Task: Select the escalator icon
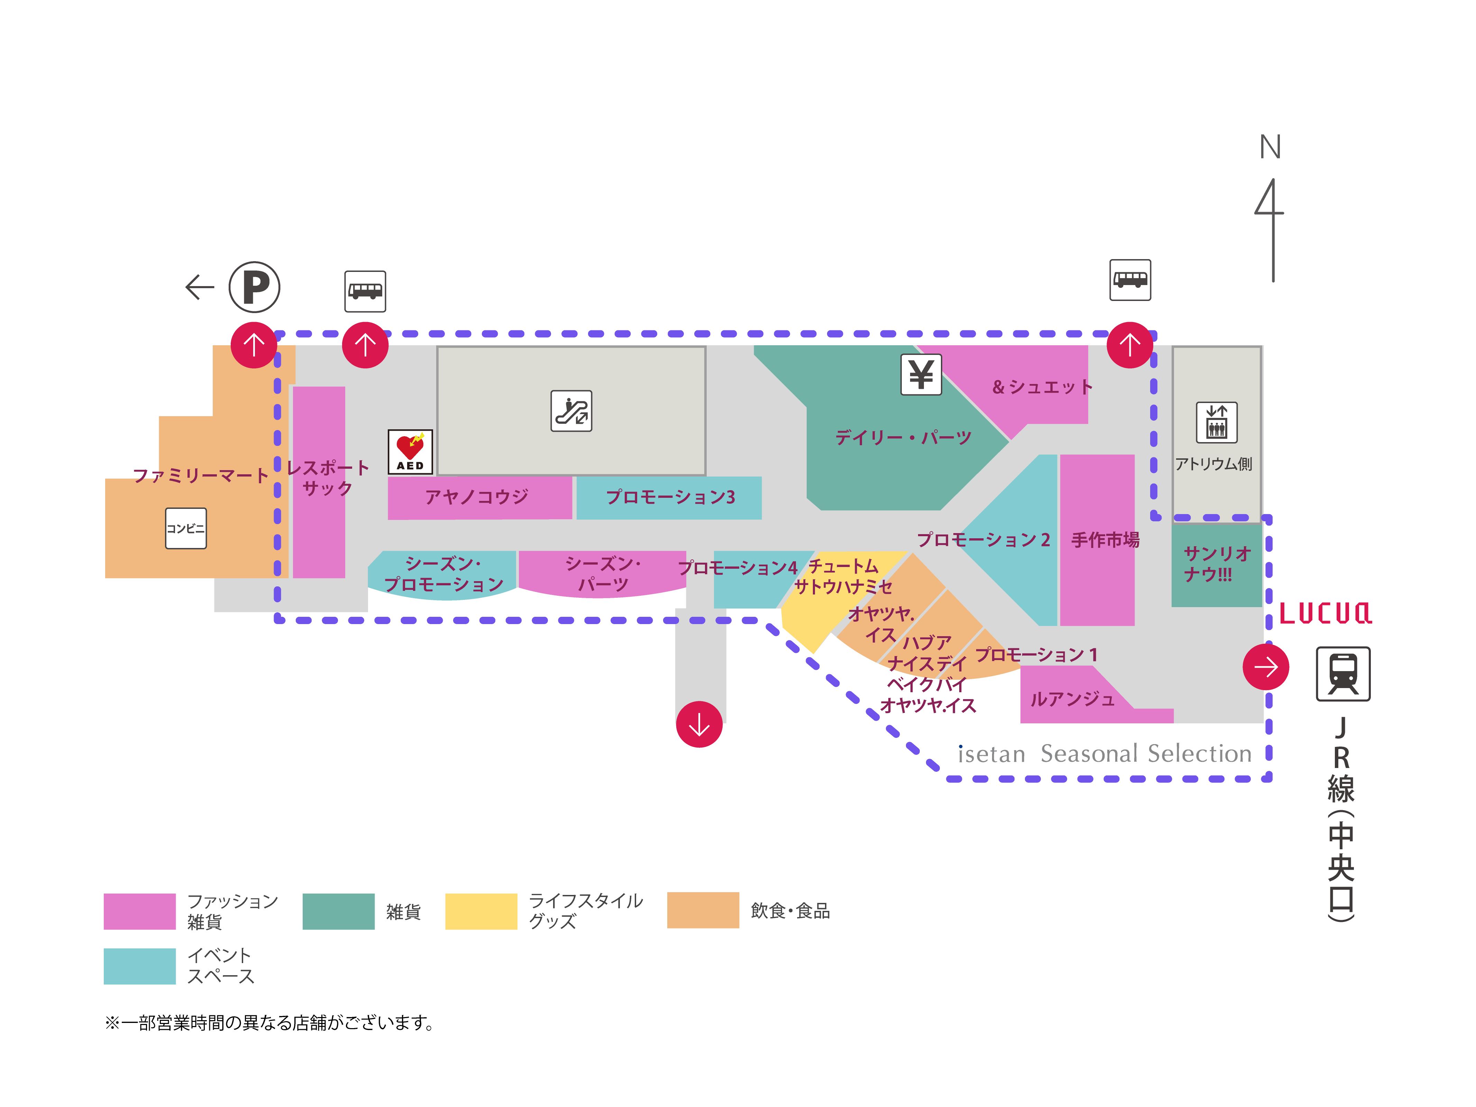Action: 571,411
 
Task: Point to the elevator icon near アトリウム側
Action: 1217,422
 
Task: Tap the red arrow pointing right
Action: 1265,667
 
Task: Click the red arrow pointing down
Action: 699,724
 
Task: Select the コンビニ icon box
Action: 185,529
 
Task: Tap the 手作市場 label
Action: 1105,539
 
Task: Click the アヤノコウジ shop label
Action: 476,496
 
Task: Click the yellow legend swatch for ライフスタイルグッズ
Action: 480,911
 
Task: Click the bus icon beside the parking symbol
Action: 365,291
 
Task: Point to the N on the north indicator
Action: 1270,147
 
